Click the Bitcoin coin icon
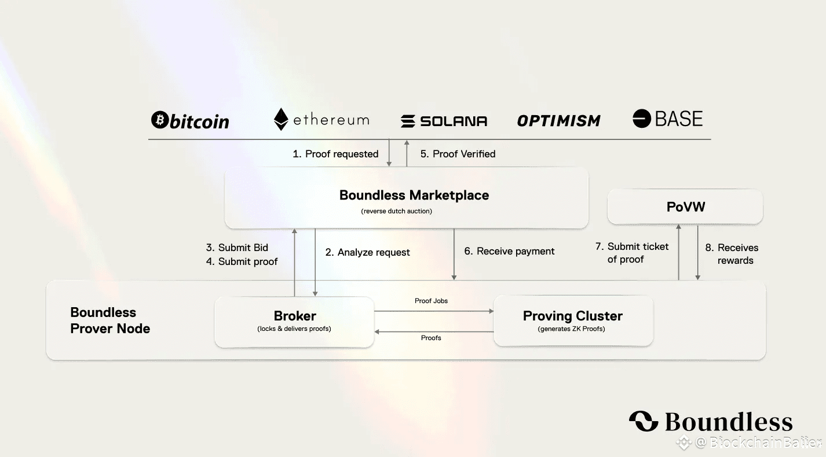click(159, 120)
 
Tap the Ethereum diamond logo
click(281, 119)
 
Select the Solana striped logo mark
click(408, 121)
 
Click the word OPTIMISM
click(558, 120)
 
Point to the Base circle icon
click(641, 119)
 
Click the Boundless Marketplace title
click(414, 196)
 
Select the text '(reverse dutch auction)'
click(397, 211)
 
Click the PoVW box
click(685, 207)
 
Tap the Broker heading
click(295, 316)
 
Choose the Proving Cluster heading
click(572, 316)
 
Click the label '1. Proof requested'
click(335, 154)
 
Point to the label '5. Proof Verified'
click(458, 154)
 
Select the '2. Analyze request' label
click(368, 252)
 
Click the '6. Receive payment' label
click(509, 251)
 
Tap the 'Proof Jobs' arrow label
click(431, 301)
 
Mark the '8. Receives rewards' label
click(732, 254)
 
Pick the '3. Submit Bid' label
click(237, 248)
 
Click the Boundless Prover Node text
click(110, 320)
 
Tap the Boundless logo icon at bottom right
click(644, 421)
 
